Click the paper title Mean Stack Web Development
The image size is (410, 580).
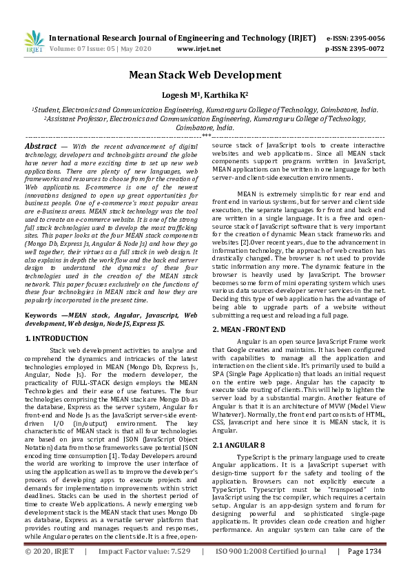205,74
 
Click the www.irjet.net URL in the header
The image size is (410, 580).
199,49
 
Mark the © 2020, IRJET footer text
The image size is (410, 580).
50,571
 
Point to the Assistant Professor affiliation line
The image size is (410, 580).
205,118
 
